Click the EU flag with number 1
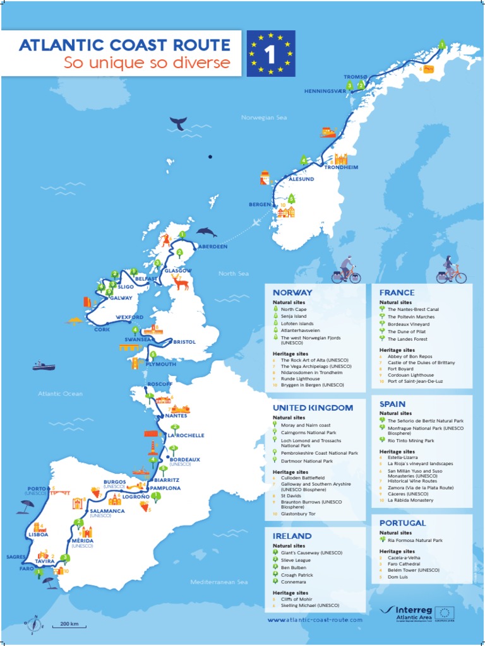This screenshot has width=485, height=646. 271,54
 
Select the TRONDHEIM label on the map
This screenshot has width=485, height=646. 341,168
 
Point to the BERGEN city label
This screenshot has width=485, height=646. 260,204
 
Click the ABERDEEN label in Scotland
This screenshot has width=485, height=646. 213,247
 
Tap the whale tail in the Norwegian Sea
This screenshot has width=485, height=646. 179,124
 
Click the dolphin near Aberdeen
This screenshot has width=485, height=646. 207,232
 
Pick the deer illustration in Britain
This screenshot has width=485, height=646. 181,282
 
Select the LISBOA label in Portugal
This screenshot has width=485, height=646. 39,535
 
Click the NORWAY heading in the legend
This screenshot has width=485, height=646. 292,293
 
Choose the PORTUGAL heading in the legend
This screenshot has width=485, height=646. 402,523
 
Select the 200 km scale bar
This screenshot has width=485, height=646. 69,625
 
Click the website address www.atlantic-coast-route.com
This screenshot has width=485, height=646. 315,621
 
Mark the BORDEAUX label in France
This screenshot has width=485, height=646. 184,459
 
